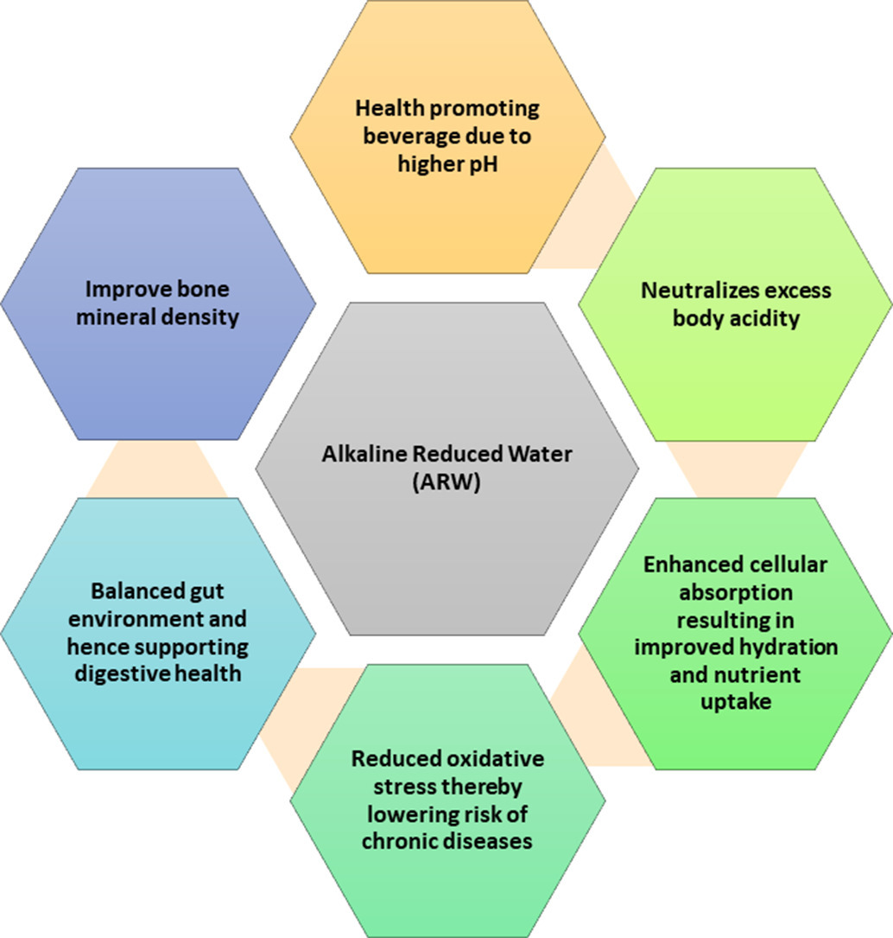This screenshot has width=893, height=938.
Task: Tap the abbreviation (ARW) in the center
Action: pyautogui.click(x=446, y=482)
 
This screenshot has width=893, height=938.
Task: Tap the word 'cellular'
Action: pyautogui.click(x=781, y=565)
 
